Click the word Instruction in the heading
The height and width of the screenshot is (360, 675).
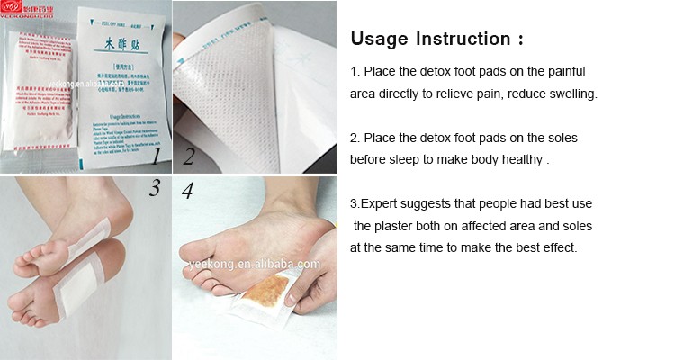tap(464, 40)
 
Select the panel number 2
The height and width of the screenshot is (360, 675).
tap(188, 157)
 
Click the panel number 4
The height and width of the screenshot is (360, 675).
tap(187, 190)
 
